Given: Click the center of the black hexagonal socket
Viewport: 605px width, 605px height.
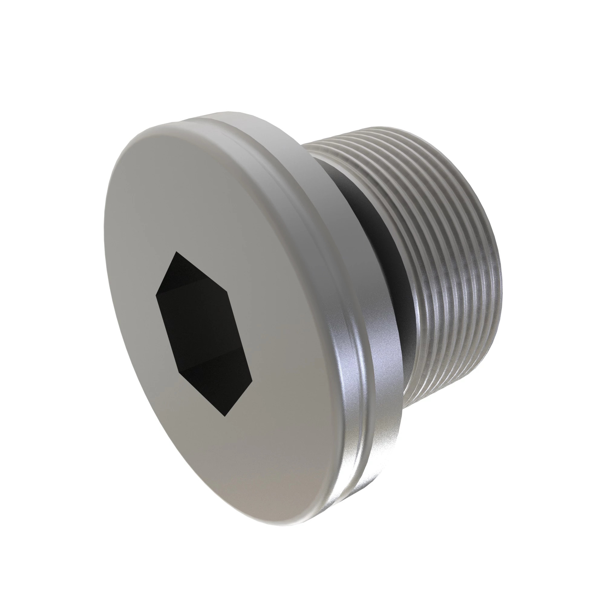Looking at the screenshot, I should coord(204,334).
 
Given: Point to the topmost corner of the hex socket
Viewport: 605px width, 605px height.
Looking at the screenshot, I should coord(176,251).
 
